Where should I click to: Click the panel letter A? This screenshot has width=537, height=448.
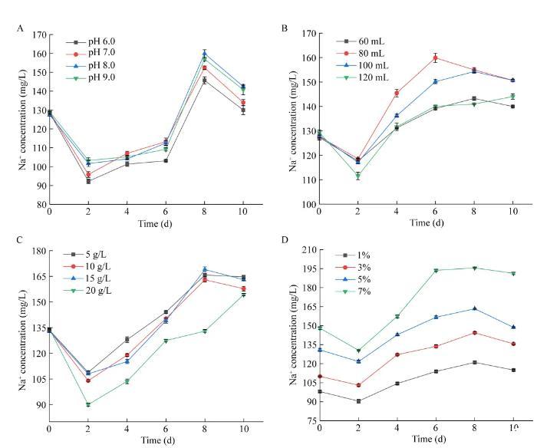click(x=21, y=28)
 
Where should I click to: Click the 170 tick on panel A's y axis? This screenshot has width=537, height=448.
click(x=37, y=35)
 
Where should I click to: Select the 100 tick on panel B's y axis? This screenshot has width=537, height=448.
click(x=305, y=205)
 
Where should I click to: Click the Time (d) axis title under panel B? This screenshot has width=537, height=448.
click(x=415, y=222)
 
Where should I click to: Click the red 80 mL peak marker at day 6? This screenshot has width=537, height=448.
click(x=435, y=58)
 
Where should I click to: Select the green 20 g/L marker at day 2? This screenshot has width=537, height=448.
click(x=88, y=404)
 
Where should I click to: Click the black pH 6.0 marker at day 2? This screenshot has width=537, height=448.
click(x=88, y=181)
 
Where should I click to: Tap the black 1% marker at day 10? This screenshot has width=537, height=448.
click(x=513, y=370)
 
